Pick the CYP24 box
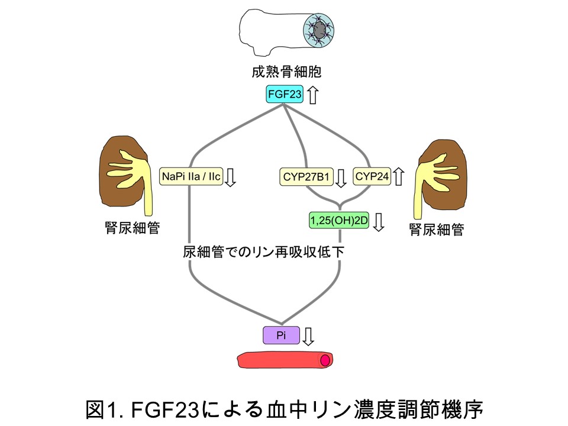372,176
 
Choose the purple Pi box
281,335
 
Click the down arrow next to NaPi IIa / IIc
231,176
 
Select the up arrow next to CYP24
399,176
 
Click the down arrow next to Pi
308,335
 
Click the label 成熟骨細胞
284,72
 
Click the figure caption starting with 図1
285,408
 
